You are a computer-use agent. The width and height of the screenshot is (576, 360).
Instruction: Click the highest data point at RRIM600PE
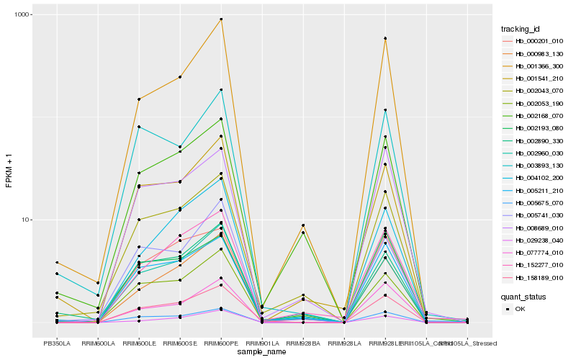(221, 19)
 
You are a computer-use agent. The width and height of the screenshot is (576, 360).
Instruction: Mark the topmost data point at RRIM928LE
(385, 38)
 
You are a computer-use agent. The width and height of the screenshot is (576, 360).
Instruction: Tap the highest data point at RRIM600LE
(139, 99)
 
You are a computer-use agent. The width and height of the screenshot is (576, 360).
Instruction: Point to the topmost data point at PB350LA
(57, 263)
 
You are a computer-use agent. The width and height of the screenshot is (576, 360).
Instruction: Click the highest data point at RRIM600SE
(180, 77)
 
